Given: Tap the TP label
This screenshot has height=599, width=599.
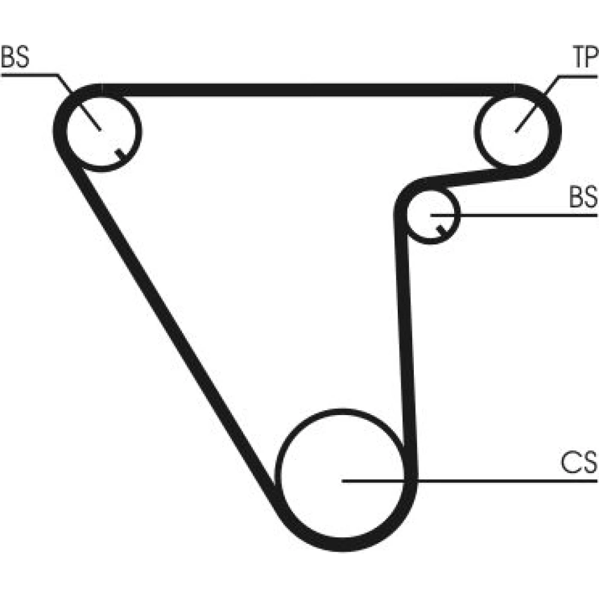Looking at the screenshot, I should coord(583,59).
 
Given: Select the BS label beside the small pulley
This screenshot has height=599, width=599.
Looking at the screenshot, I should coord(583,198).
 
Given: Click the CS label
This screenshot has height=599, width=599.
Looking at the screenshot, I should coord(579,463).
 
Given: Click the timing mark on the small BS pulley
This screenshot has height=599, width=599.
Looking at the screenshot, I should coord(442,229).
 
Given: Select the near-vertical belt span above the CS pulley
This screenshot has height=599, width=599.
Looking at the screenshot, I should coord(406,335).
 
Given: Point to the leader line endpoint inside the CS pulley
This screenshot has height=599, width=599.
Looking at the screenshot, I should coord(342,480).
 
